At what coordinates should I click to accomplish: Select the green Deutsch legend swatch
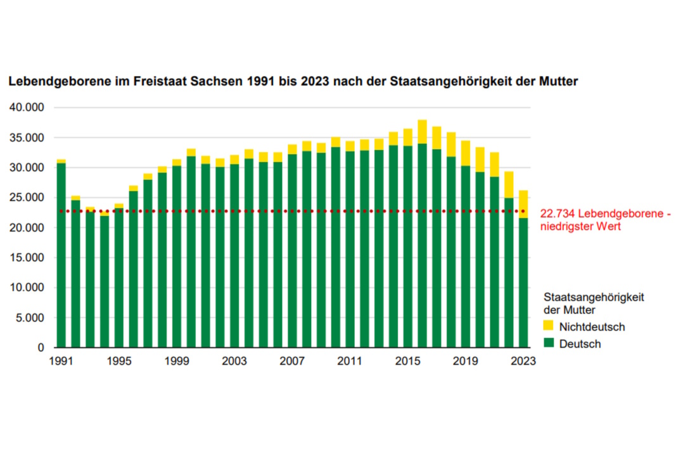[x=549, y=344]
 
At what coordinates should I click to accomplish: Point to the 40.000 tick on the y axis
[x=27, y=108]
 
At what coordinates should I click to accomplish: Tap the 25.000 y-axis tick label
[x=27, y=198]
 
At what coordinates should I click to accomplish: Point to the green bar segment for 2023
[x=523, y=282]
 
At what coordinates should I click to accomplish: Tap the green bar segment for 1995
[x=119, y=279]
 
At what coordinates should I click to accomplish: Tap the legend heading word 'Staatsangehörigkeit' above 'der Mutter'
[x=589, y=296]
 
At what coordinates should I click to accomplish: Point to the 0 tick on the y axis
[x=41, y=347]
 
